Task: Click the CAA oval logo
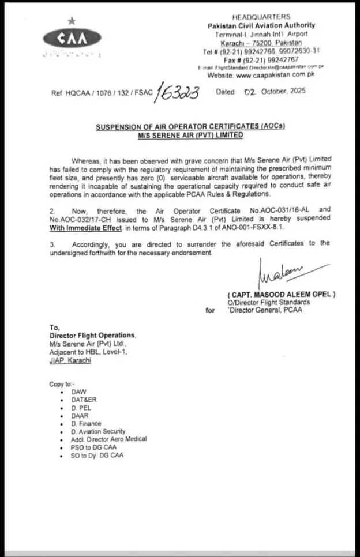tap(72, 39)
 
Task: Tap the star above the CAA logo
tap(72, 21)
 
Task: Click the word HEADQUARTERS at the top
tap(261, 17)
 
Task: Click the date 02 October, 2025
tap(275, 92)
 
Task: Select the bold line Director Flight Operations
tap(93, 336)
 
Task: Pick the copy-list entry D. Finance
tap(86, 423)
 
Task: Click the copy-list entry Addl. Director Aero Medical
tap(109, 439)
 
